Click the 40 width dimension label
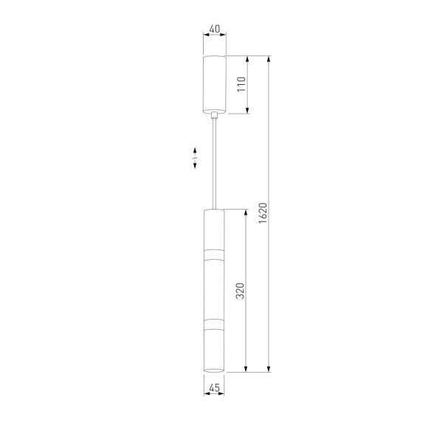click(215, 29)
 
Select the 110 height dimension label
click(241, 84)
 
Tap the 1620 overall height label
click(263, 213)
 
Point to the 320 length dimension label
click(240, 291)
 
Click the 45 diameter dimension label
click(214, 387)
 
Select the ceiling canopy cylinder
click(215, 84)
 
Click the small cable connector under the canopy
click(215, 115)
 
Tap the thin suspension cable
click(215, 164)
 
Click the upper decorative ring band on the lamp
click(214, 255)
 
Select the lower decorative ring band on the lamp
click(214, 324)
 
